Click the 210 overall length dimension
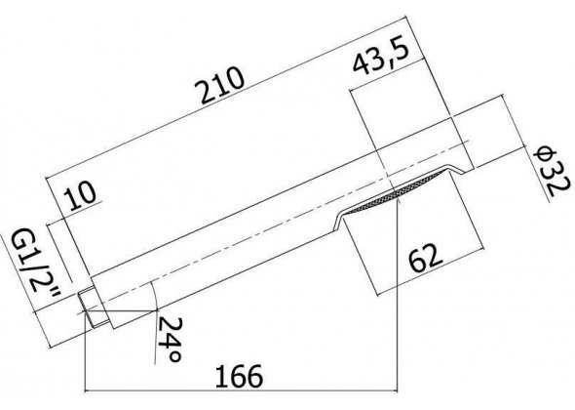[x=219, y=86]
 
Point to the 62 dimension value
[x=426, y=258]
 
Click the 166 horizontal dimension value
[x=239, y=376]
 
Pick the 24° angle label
[x=171, y=340]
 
